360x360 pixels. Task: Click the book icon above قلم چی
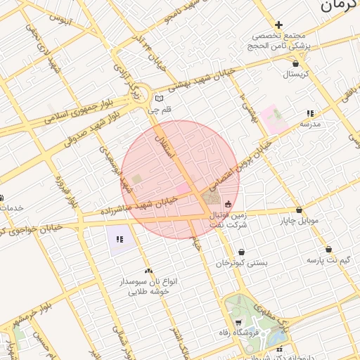click(x=160, y=98)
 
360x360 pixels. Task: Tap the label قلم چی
click(x=159, y=110)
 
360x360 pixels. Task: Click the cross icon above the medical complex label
click(x=279, y=25)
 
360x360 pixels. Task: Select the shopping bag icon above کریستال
click(x=295, y=63)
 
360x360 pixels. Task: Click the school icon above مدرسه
click(x=310, y=113)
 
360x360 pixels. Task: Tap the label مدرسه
click(x=310, y=124)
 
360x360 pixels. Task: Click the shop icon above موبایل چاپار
click(x=300, y=210)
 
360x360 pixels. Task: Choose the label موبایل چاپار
click(x=300, y=221)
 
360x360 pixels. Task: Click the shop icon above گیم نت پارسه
click(x=328, y=249)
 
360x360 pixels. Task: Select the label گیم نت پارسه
click(x=328, y=260)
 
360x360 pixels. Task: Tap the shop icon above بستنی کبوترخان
click(x=241, y=252)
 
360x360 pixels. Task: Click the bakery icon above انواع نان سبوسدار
click(x=148, y=271)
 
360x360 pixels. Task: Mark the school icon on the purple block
click(x=120, y=239)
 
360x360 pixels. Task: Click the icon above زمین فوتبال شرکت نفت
click(x=228, y=204)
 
